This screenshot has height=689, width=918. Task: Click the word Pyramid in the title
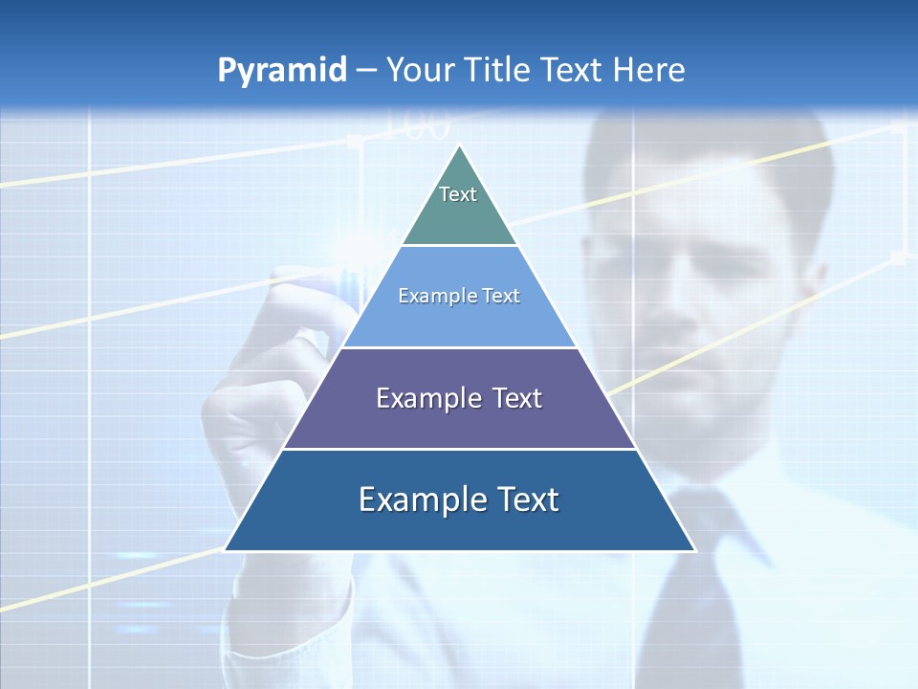[x=282, y=71]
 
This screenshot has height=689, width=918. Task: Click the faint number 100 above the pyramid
[x=417, y=125]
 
